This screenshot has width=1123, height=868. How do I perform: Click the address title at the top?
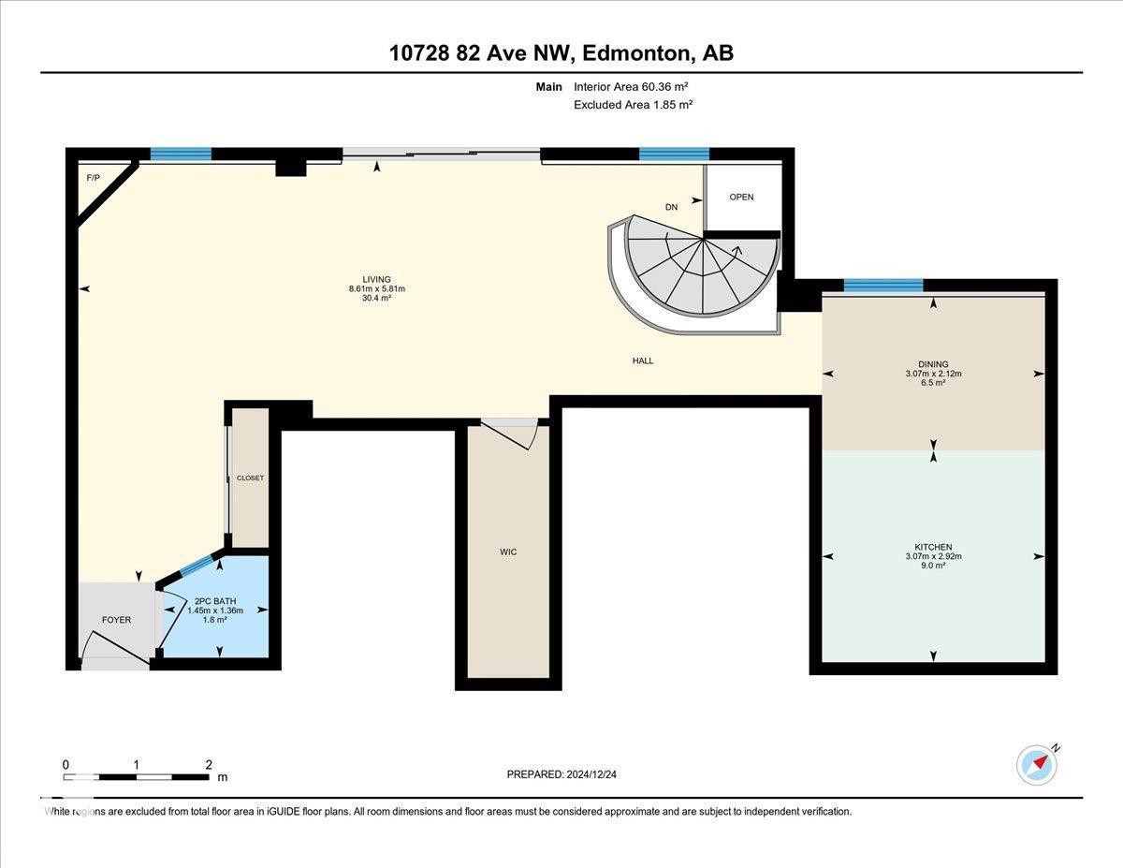pos(561,53)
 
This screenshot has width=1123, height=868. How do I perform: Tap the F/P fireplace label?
pos(93,178)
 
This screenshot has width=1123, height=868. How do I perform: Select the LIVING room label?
pos(376,279)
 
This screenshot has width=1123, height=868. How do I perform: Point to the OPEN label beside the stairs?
pos(741,198)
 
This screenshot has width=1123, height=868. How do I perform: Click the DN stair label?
pos(671,207)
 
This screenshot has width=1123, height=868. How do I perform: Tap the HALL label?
pos(642,360)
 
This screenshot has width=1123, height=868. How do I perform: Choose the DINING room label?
pos(933,364)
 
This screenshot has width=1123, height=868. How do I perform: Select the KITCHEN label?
pos(933,547)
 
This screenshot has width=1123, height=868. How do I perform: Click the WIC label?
pos(508,552)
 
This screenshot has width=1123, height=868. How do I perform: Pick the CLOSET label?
pos(250,478)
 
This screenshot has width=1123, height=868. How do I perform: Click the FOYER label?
pos(116,620)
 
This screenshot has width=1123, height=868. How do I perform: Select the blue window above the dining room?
pos(883,286)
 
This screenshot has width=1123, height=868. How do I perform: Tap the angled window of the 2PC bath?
pos(197,566)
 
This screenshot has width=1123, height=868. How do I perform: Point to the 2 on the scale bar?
pos(209,764)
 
